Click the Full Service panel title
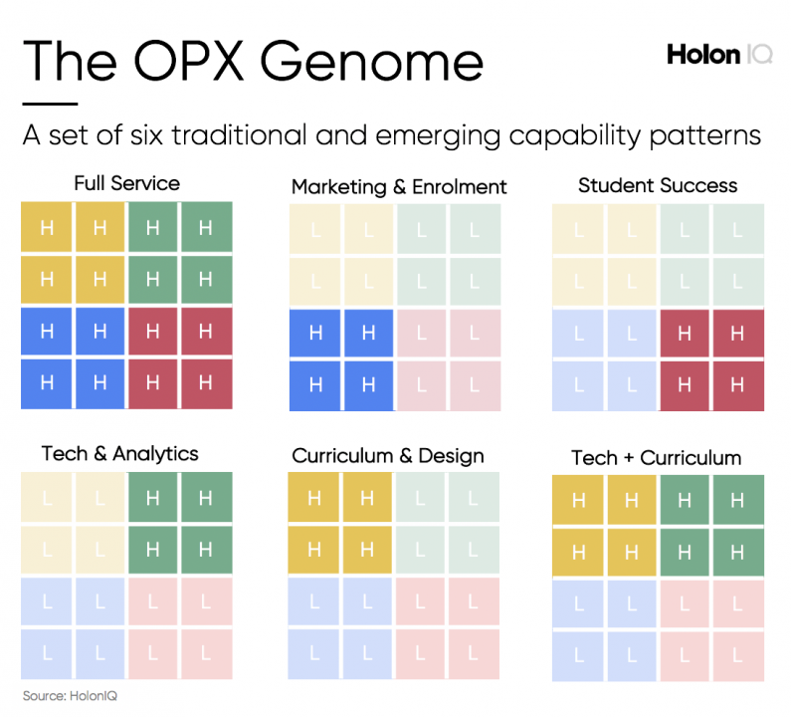pyautogui.click(x=126, y=183)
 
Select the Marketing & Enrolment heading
pyautogui.click(x=399, y=186)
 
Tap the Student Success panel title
pyautogui.click(x=658, y=185)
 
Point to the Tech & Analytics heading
pyautogui.click(x=119, y=454)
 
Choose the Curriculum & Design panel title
pyautogui.click(x=388, y=456)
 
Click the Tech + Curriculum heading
pyautogui.click(x=657, y=458)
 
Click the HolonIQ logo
pyautogui.click(x=718, y=55)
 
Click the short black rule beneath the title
pyautogui.click(x=50, y=104)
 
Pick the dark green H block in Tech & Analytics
pyautogui.click(x=179, y=523)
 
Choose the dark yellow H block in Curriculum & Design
pyautogui.click(x=341, y=523)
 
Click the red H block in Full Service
pyautogui.click(x=179, y=357)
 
